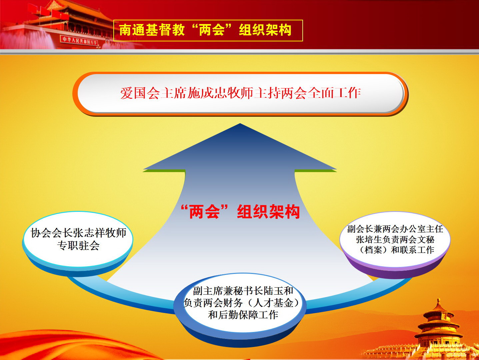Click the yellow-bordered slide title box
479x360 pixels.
208,30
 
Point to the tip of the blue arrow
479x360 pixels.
240,123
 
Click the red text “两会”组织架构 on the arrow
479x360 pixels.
240,212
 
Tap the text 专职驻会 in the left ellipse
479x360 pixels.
78,246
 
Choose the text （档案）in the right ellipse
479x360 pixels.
373,250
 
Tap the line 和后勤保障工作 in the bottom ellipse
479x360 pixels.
243,315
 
